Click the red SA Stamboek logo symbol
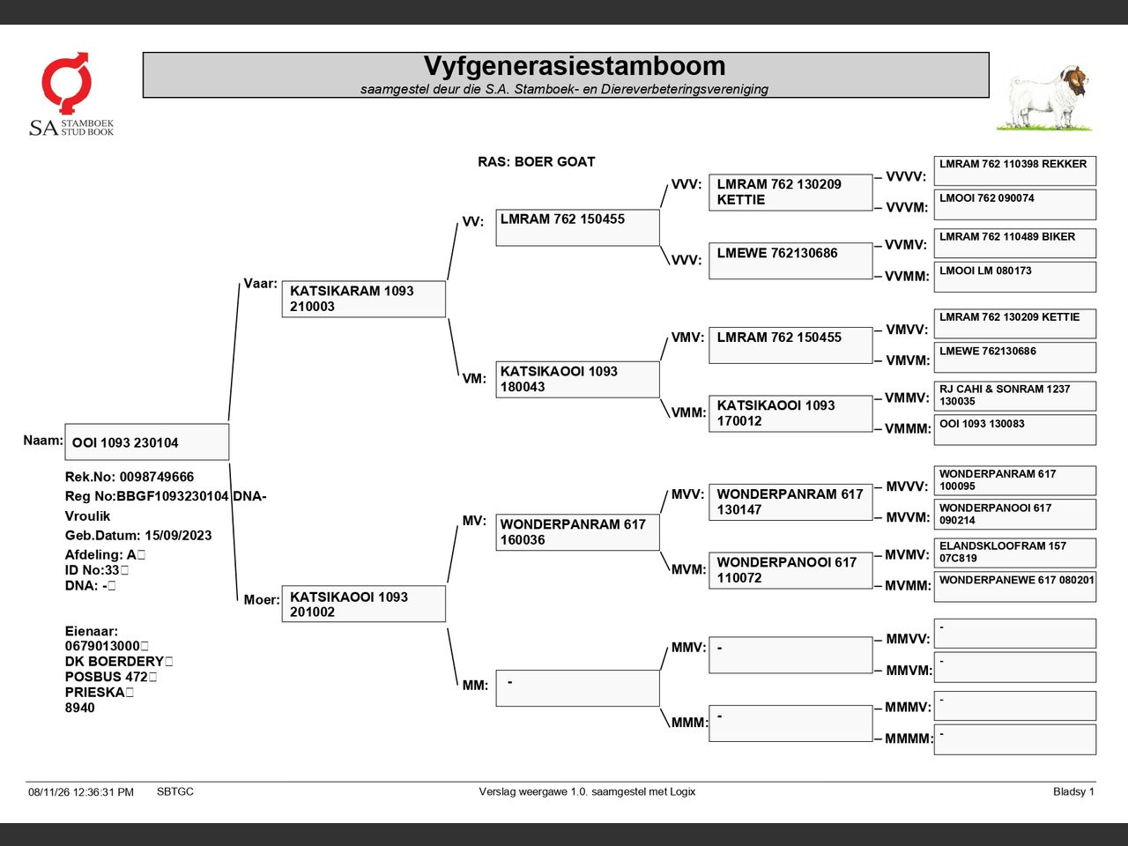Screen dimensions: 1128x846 click(66, 82)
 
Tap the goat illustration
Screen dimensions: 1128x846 click(1046, 98)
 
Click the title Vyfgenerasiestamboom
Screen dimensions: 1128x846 click(575, 66)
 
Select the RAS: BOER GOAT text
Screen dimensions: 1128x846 click(536, 162)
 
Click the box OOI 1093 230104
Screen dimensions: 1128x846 click(147, 442)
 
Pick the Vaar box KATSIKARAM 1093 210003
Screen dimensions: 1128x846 click(364, 299)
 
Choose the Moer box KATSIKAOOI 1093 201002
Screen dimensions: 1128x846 click(364, 604)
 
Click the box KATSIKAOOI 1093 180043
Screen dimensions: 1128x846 click(577, 380)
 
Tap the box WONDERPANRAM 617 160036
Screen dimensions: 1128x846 click(577, 532)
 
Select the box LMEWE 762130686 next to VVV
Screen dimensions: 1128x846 click(790, 261)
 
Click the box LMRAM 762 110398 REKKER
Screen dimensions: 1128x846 click(1015, 171)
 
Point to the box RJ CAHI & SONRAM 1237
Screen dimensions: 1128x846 click(1015, 396)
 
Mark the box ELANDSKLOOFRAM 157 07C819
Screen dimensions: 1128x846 click(1015, 553)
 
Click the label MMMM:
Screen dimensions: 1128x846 click(909, 738)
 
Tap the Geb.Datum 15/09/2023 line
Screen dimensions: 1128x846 click(138, 535)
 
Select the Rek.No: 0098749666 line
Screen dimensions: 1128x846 click(130, 477)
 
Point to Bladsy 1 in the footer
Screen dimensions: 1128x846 click(1073, 791)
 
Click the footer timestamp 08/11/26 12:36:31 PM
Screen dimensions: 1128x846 click(81, 792)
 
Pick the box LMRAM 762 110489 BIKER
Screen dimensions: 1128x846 click(1015, 243)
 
